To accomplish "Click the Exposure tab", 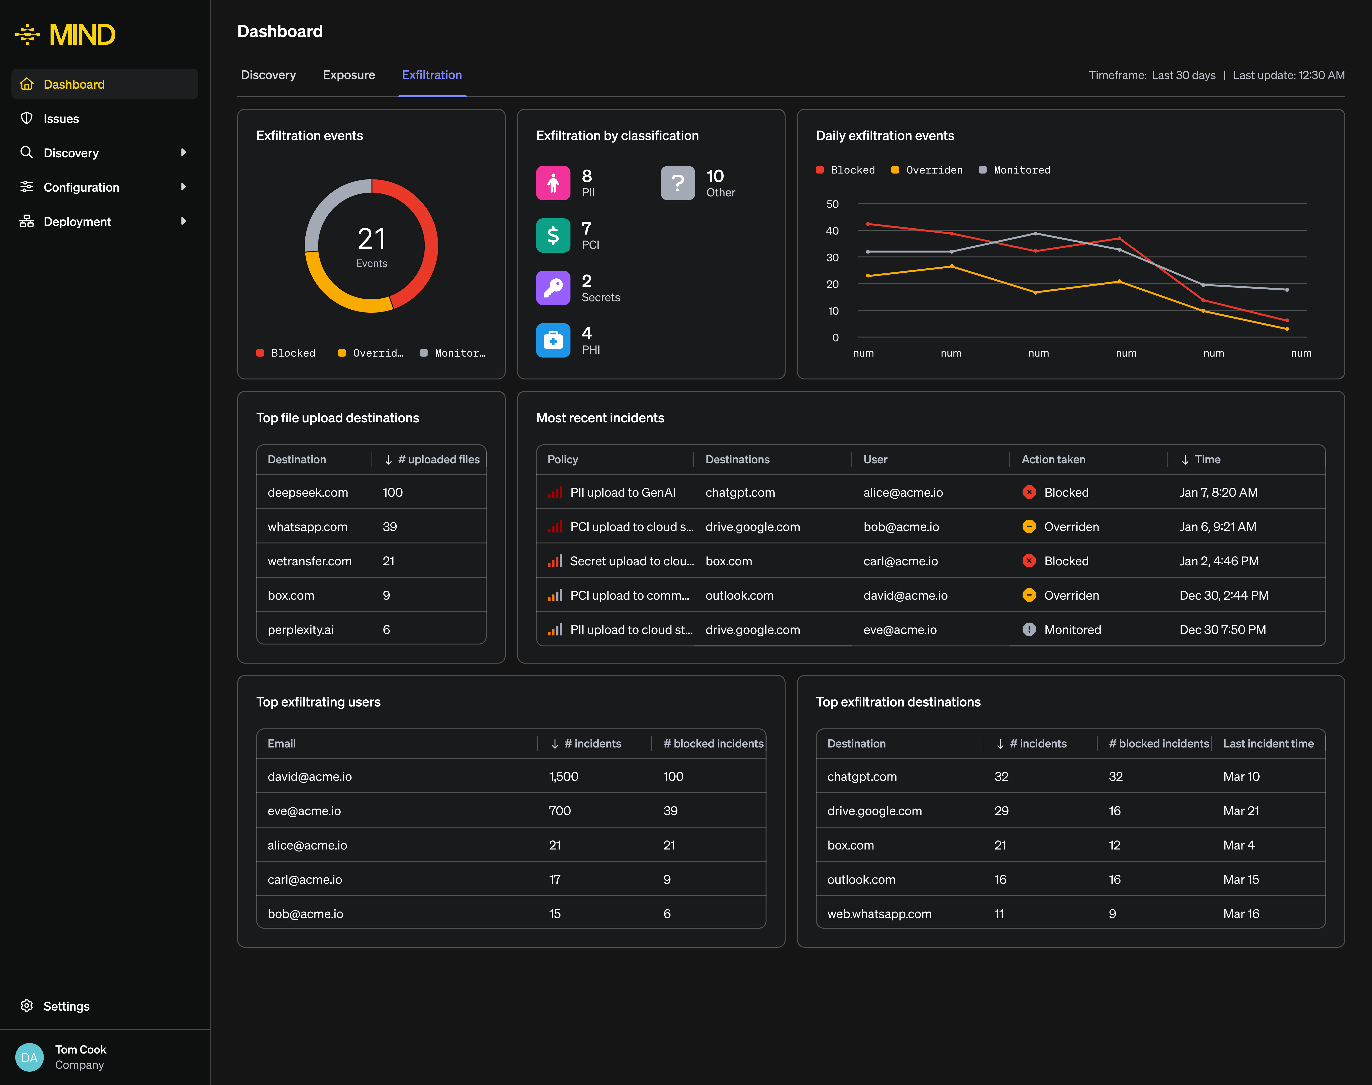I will click(348, 75).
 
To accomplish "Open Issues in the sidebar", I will click(61, 119).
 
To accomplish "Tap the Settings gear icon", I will click(27, 1006).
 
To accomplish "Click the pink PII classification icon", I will click(553, 183).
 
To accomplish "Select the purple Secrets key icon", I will click(553, 288).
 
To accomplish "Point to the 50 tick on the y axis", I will click(832, 204).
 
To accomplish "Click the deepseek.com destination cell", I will click(308, 492).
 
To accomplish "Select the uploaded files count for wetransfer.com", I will click(388, 561).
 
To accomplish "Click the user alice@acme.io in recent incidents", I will click(903, 492).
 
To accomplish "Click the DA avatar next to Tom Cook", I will click(29, 1057).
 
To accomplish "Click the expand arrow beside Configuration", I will click(183, 187).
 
